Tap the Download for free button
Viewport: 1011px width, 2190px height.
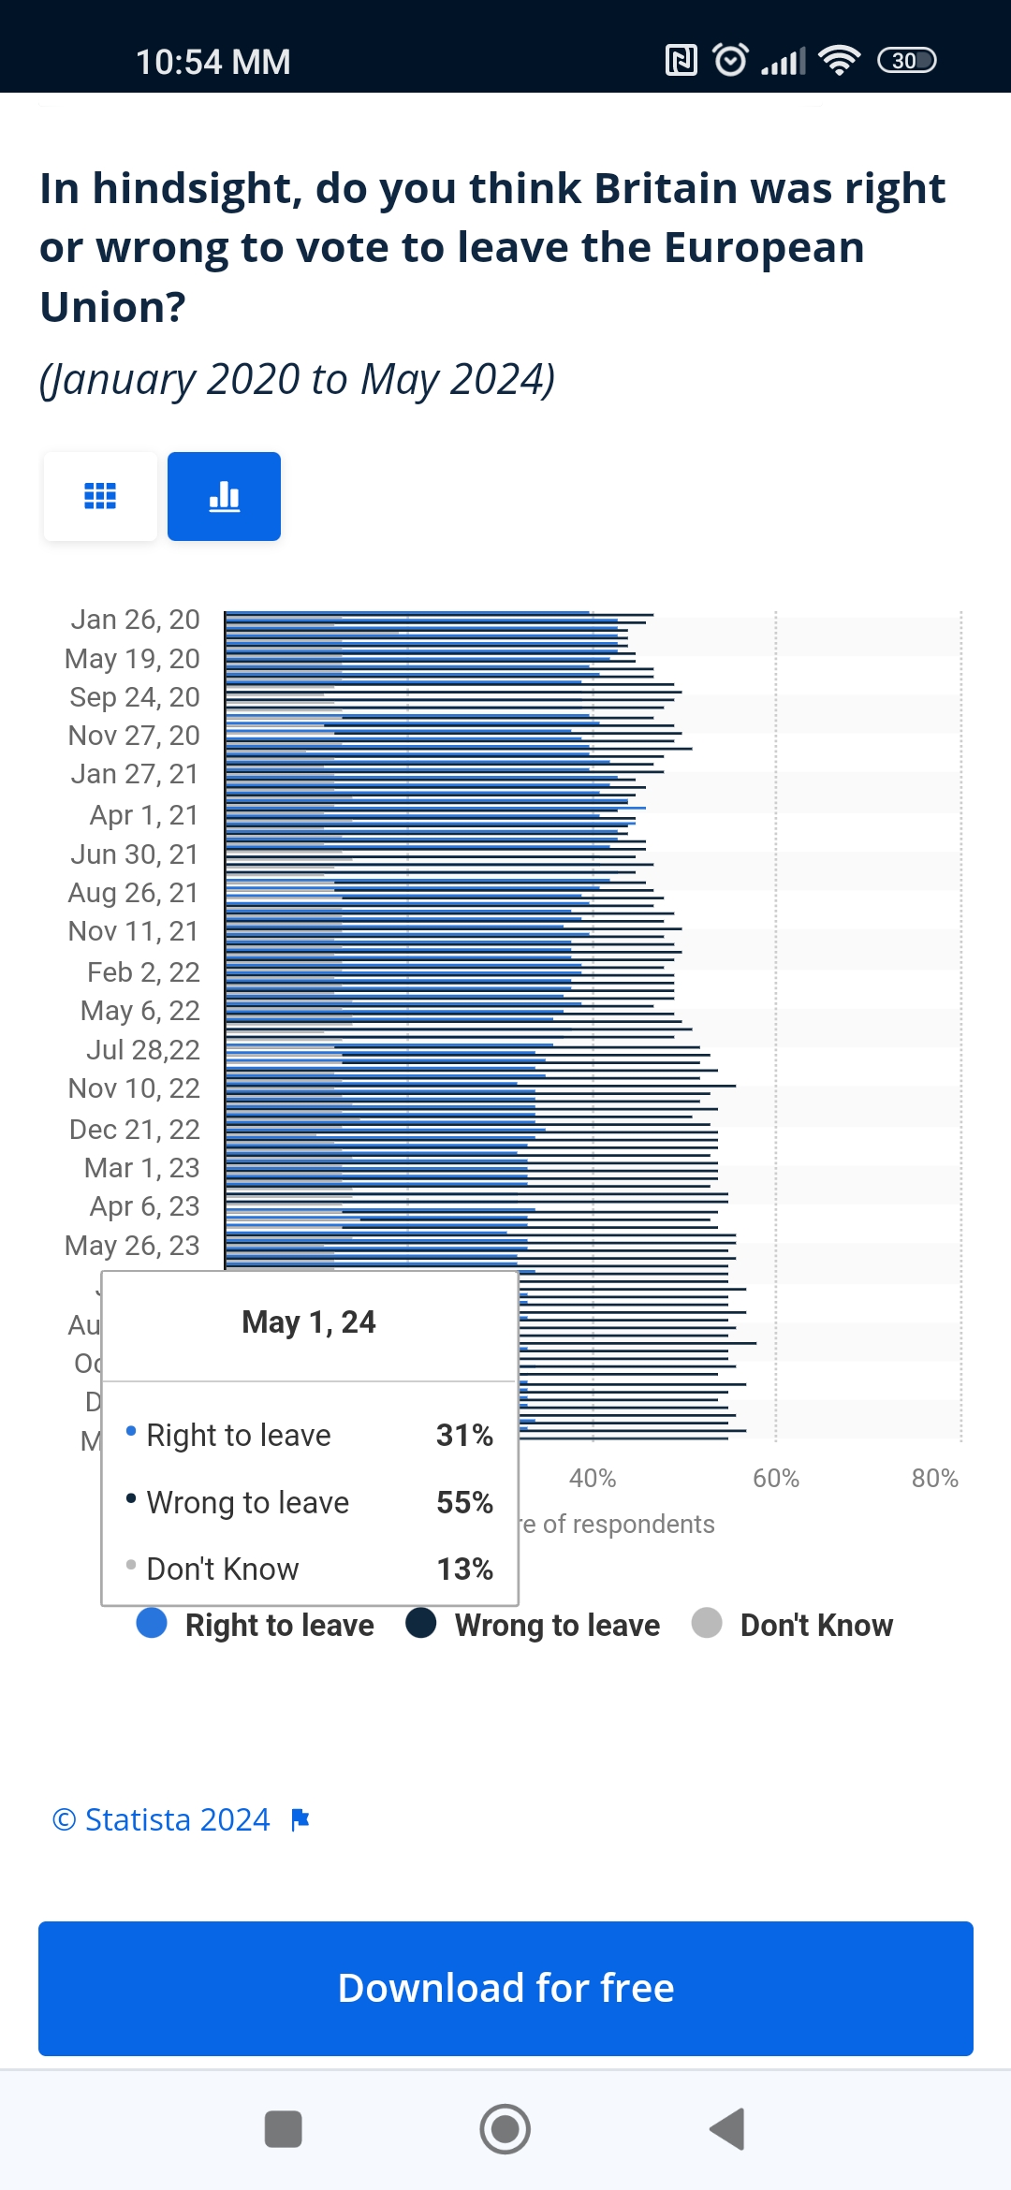505,1988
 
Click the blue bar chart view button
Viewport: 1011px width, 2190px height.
224,496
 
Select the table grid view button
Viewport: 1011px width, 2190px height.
100,496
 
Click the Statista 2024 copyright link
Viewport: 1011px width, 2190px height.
162,1819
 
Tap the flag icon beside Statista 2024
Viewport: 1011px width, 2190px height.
300,1819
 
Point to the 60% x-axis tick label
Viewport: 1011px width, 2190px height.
775,1479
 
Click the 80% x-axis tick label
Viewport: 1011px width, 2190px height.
934,1479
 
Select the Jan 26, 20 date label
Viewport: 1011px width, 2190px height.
135,620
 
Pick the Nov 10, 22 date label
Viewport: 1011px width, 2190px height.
134,1088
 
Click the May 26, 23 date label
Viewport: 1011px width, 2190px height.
132,1246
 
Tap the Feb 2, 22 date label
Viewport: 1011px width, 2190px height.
143,972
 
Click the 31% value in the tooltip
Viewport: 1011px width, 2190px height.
464,1435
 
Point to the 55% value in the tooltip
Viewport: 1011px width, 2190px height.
464,1502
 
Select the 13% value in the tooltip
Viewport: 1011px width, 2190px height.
464,1569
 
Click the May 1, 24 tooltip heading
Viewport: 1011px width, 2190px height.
309,1321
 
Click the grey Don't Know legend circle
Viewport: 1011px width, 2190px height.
707,1623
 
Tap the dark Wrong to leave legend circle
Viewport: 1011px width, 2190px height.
421,1623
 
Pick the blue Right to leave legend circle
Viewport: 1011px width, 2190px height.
152,1623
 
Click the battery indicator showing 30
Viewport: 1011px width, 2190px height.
906,61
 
